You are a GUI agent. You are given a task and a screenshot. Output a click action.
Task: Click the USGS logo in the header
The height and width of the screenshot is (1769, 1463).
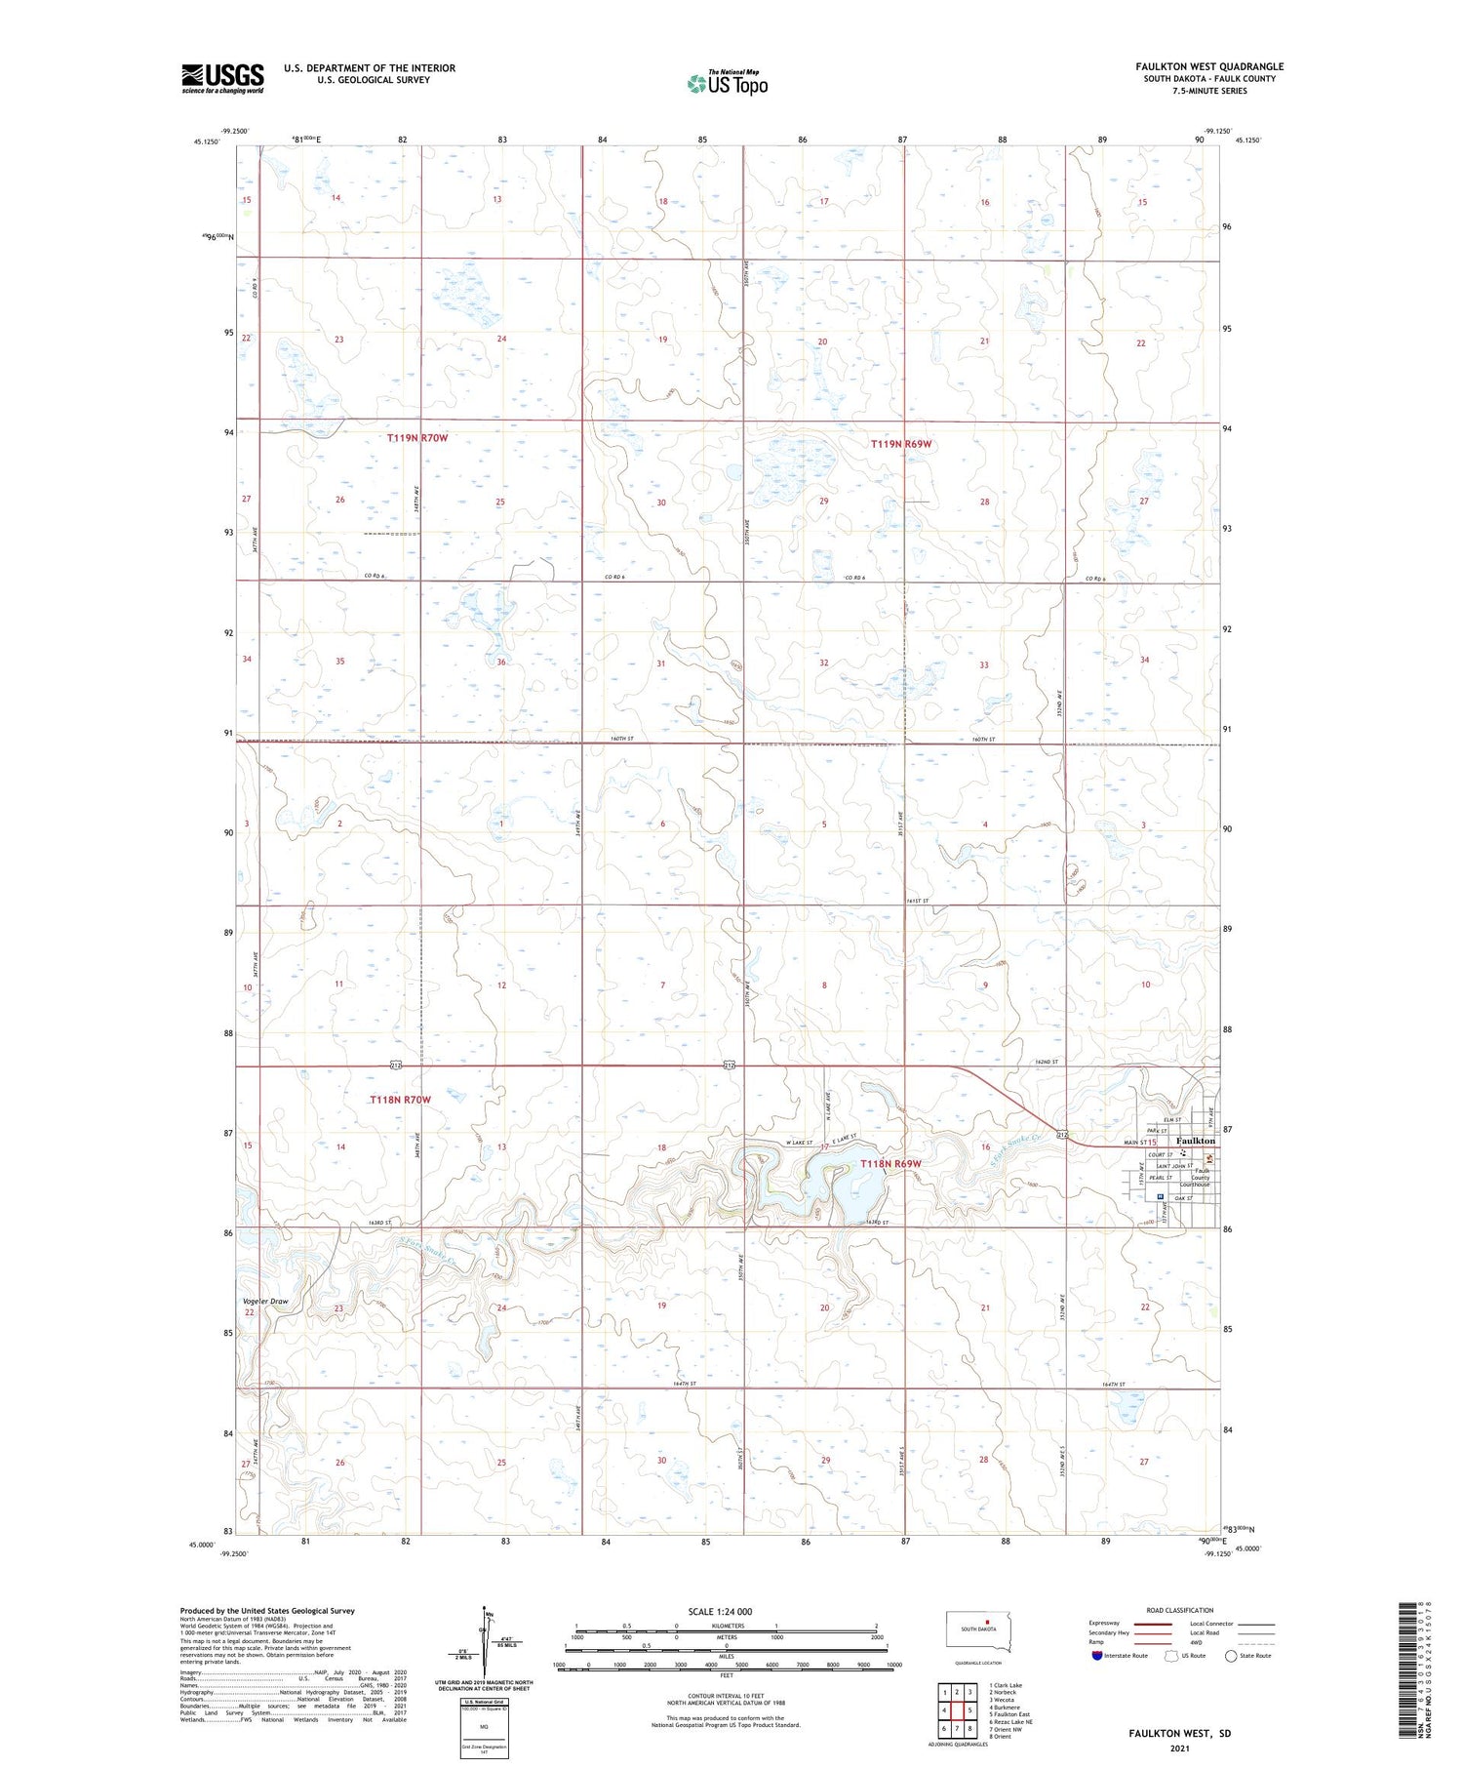[x=222, y=78]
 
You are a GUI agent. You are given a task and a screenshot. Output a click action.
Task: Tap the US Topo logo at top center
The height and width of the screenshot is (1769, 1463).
[x=727, y=83]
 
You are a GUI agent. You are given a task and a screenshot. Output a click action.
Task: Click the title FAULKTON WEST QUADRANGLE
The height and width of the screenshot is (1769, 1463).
[x=1209, y=66]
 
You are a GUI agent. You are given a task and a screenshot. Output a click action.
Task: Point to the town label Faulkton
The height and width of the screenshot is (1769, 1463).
[x=1196, y=1141]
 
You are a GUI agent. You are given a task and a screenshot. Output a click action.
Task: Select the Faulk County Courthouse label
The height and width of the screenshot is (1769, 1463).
[x=1201, y=1178]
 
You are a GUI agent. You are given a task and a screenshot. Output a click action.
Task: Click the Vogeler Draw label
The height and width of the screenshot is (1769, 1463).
[x=265, y=1302]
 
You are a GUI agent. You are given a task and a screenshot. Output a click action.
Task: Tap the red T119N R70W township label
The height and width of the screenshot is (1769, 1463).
[x=417, y=438]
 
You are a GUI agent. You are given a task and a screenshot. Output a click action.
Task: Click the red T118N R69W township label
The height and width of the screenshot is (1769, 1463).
[x=890, y=1163]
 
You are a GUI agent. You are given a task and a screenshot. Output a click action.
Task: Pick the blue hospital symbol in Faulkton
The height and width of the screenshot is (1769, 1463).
[x=1159, y=1197]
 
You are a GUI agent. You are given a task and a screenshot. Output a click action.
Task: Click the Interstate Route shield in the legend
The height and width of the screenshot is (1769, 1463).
[x=1096, y=1656]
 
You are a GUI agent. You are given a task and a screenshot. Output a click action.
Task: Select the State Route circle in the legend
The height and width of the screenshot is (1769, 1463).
[x=1231, y=1656]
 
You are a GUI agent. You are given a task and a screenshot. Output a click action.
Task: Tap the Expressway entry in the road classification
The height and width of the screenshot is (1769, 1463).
[x=1104, y=1624]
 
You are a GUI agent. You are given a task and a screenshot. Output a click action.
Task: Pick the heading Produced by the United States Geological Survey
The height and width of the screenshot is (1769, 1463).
[x=267, y=1611]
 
